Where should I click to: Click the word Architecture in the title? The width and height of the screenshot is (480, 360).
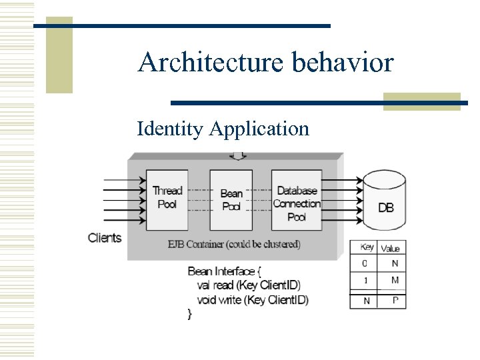[x=210, y=63]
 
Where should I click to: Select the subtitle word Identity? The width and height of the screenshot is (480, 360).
[x=169, y=128]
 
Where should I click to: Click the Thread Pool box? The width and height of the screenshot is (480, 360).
[x=167, y=198]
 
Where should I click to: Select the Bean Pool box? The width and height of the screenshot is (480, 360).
[x=231, y=200]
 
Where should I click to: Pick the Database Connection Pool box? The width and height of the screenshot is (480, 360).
[x=297, y=200]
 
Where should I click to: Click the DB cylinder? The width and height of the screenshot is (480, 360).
[x=385, y=199]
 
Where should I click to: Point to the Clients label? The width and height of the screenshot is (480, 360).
[x=105, y=238]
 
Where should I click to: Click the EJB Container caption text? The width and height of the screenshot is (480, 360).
[x=233, y=244]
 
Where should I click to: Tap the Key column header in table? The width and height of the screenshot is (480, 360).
[x=367, y=247]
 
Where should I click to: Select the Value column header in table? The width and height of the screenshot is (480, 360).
[x=391, y=248]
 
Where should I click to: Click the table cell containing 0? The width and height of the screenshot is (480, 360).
[x=365, y=264]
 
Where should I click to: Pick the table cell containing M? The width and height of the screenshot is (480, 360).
[x=394, y=281]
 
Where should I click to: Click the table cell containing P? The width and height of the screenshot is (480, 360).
[x=394, y=301]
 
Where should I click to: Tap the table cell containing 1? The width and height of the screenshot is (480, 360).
[x=365, y=281]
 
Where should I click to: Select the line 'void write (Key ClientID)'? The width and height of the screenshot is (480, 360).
[x=253, y=300]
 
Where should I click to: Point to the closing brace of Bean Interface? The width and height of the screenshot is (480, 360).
[x=190, y=314]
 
